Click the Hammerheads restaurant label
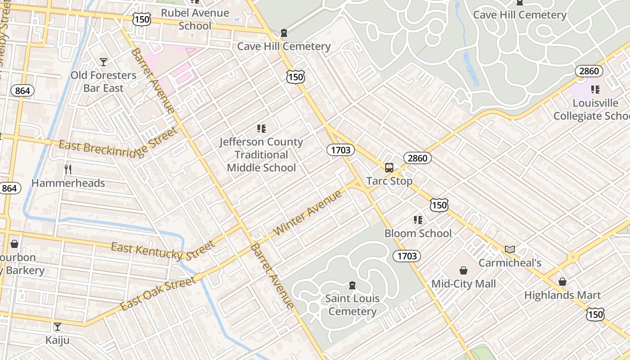(68, 183)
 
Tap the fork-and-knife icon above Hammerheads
(68, 170)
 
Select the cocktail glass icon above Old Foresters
(103, 62)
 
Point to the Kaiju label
(58, 340)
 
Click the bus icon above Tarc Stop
(389, 168)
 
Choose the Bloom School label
(418, 233)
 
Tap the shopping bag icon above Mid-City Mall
(463, 270)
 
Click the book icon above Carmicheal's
(509, 249)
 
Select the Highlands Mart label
(562, 295)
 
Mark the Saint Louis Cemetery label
(352, 305)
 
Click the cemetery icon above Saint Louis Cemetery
(352, 285)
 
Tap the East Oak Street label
(158, 293)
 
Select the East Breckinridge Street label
(118, 143)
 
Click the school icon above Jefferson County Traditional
(261, 129)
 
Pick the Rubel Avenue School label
(195, 19)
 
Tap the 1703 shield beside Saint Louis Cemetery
(407, 256)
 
